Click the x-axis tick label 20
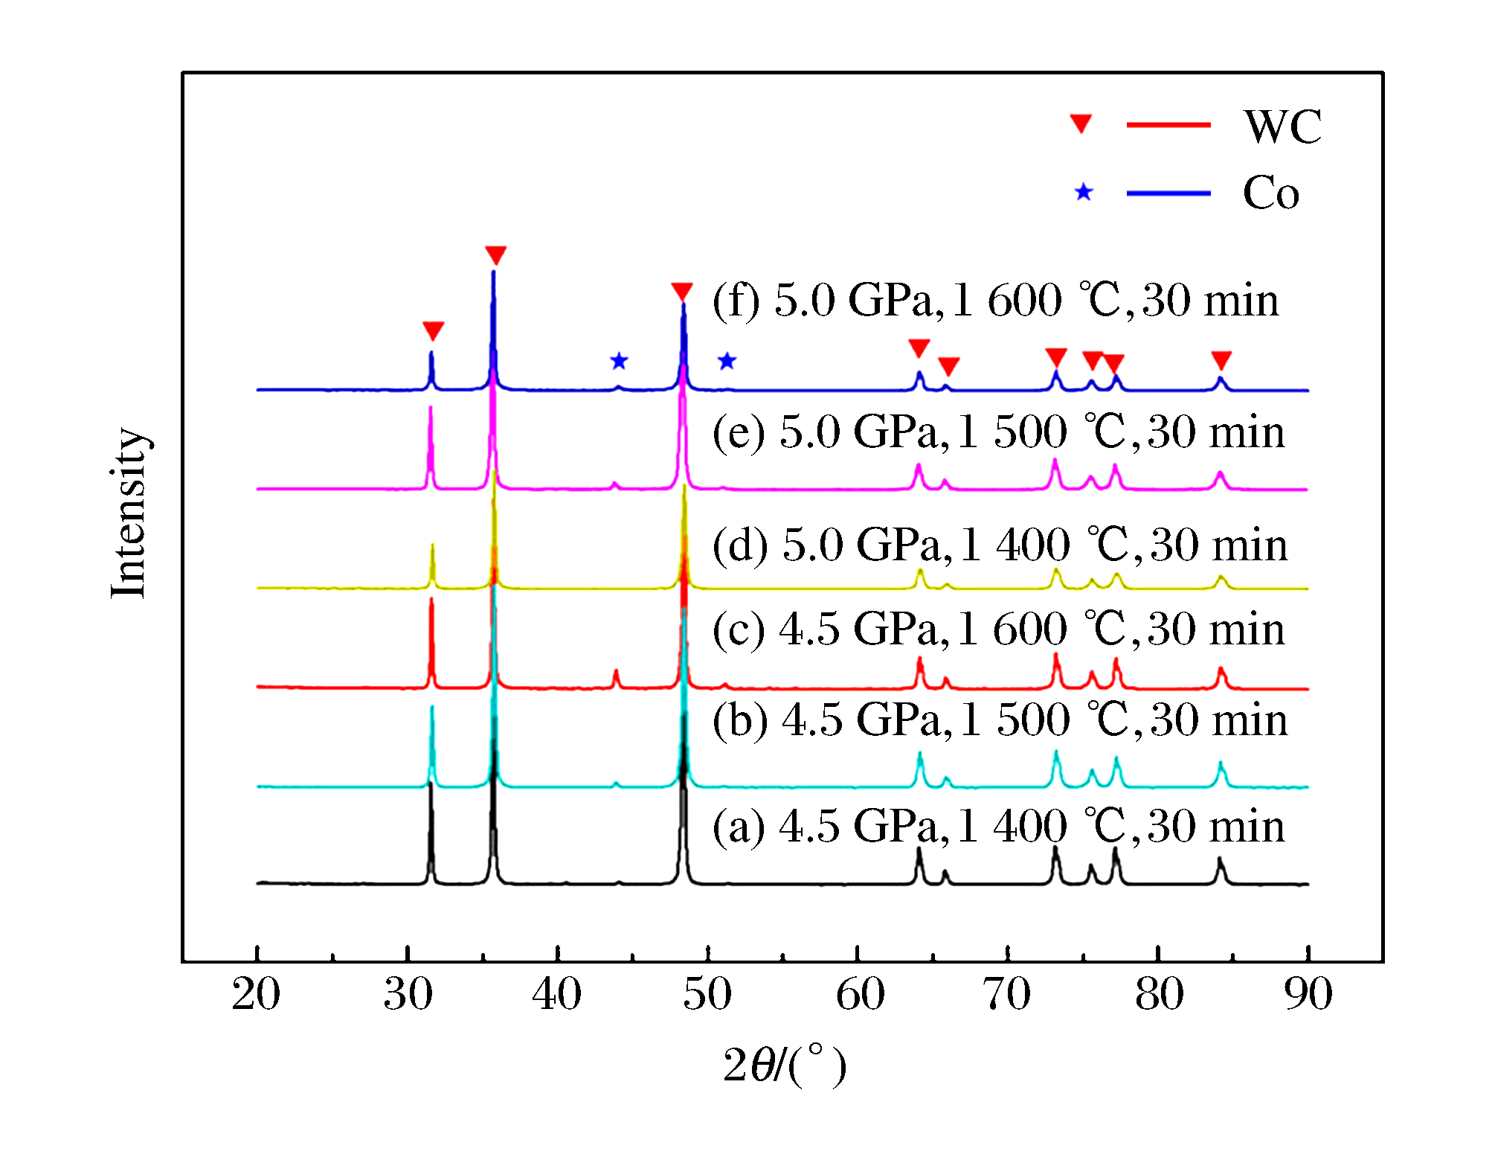point(256,994)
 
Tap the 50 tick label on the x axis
point(707,994)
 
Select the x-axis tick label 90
point(1308,994)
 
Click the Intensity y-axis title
point(129,513)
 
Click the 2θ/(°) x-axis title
point(784,1065)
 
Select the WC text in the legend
point(1283,126)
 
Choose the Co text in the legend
point(1271,193)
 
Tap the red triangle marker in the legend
point(1081,124)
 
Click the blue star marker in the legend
point(1084,193)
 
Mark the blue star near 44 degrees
point(619,362)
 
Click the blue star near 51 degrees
point(727,362)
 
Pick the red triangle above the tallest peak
point(495,255)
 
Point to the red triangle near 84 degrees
point(1221,360)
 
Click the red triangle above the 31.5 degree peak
point(433,331)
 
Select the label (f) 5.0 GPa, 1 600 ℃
point(995,301)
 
